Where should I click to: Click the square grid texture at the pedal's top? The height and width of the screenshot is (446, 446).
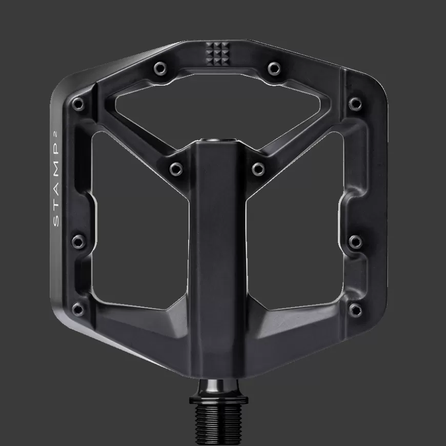click(x=216, y=52)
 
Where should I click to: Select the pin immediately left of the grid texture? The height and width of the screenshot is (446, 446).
click(x=159, y=67)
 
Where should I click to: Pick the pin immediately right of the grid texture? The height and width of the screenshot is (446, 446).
click(x=274, y=67)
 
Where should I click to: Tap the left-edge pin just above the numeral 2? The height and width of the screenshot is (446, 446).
click(x=78, y=104)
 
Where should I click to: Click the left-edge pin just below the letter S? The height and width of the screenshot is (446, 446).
click(x=78, y=240)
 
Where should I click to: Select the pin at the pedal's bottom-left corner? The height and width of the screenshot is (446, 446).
click(x=78, y=309)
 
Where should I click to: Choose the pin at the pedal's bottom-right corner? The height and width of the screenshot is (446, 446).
click(x=355, y=309)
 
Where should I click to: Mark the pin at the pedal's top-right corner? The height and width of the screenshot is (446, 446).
click(x=355, y=104)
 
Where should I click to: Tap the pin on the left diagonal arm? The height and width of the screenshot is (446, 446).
click(x=176, y=168)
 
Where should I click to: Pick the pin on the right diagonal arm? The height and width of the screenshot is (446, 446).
click(x=258, y=168)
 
